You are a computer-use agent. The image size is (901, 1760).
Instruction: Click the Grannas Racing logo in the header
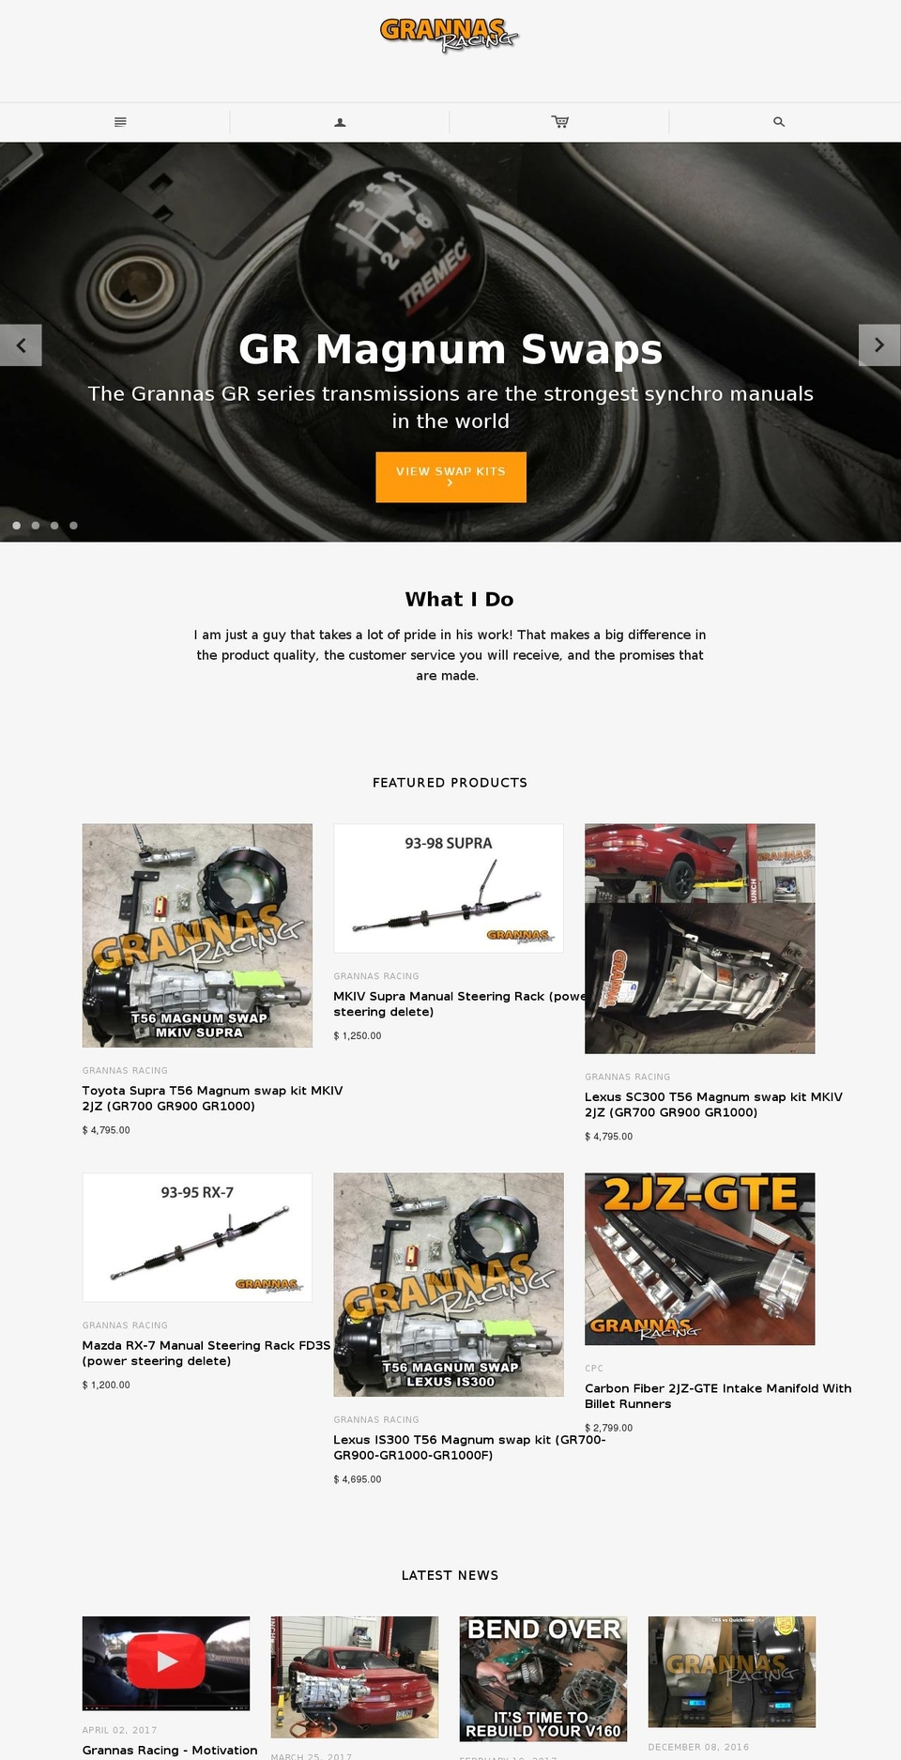click(450, 35)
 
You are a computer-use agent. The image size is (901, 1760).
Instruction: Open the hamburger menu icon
click(120, 122)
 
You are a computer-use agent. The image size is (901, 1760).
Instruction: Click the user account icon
click(340, 122)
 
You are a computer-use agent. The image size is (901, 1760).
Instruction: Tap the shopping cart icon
click(560, 122)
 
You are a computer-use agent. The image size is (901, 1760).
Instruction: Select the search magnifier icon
click(779, 122)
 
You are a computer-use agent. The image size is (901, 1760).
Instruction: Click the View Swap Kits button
click(450, 477)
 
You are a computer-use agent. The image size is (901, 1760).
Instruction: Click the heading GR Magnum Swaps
click(450, 349)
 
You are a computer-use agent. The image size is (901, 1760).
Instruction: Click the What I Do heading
click(459, 599)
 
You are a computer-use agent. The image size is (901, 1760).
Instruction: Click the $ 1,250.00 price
click(358, 1036)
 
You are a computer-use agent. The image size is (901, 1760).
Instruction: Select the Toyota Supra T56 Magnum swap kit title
click(212, 1098)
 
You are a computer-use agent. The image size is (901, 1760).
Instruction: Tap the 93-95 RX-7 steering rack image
click(197, 1237)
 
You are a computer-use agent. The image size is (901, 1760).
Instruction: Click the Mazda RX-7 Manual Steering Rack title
click(206, 1353)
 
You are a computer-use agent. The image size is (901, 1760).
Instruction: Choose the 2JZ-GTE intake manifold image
click(699, 1258)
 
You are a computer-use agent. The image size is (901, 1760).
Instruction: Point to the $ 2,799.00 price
click(608, 1428)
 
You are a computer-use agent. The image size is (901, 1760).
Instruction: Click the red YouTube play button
click(166, 1661)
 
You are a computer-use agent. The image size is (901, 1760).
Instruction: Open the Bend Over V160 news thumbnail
click(542, 1678)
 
